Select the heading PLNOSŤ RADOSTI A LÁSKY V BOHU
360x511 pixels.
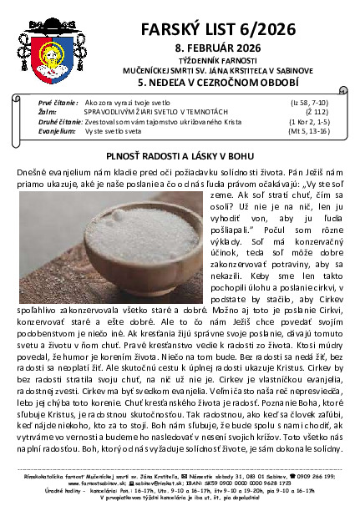[180, 155]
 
